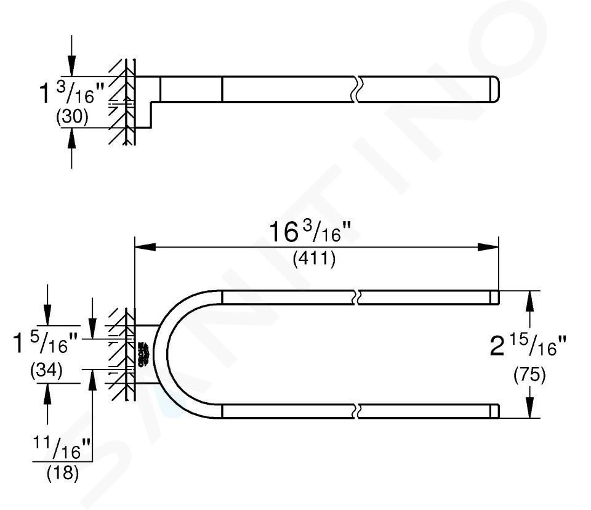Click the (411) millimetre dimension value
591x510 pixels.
(315, 259)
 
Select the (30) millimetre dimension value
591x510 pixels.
(71, 117)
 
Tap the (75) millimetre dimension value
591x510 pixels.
(529, 375)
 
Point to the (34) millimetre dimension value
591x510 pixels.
(46, 370)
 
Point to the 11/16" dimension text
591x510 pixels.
(62, 448)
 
